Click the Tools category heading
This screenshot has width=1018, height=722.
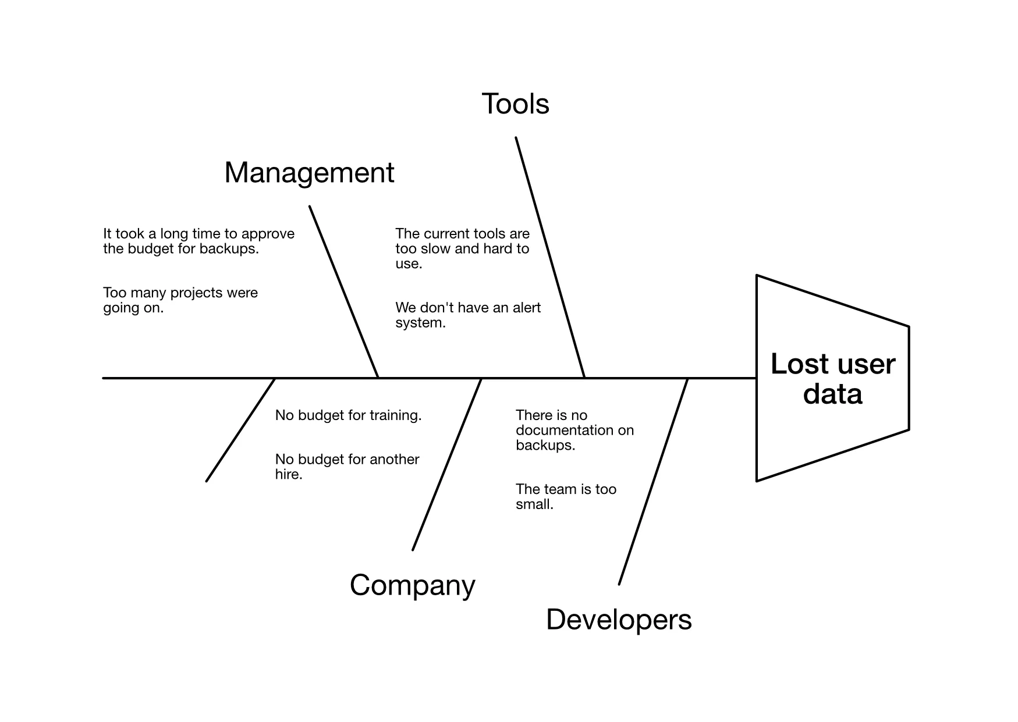pos(515,104)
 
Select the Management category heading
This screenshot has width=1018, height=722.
pos(309,173)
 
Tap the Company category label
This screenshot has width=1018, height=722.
pos(412,585)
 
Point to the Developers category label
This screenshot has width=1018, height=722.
pos(619,620)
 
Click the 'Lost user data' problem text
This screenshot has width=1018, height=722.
pos(832,379)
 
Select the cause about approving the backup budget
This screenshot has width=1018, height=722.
pos(198,241)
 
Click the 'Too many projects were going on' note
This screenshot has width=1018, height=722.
pos(180,300)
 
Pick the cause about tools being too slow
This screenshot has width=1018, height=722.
pos(462,249)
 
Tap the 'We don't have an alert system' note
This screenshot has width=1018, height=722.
pos(467,315)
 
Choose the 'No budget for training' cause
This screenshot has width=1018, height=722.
pos(348,415)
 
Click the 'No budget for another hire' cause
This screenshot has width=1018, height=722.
pos(347,467)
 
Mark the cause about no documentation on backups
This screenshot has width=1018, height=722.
pos(574,431)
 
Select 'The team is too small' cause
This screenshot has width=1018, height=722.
pos(565,496)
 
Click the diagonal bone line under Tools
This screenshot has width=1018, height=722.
pos(550,258)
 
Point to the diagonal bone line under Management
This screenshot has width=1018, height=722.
pos(343,291)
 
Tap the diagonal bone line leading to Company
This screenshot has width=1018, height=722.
pos(447,464)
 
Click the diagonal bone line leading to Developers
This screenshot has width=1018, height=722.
pos(653,482)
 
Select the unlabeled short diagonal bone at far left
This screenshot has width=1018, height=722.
pos(240,430)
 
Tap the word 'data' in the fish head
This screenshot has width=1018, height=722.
pos(832,394)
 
